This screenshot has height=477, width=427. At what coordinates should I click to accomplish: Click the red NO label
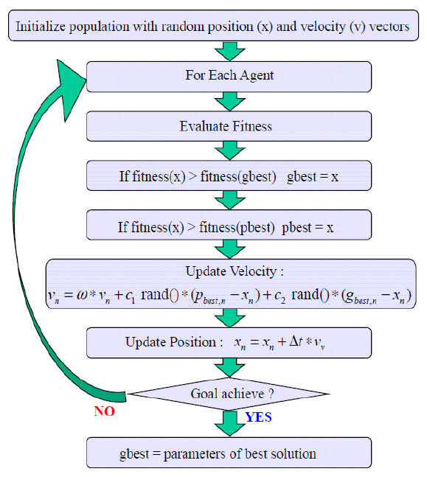click(x=105, y=411)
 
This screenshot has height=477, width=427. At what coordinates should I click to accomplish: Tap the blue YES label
click(x=258, y=417)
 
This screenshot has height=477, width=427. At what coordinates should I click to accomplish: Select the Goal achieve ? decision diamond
click(x=229, y=394)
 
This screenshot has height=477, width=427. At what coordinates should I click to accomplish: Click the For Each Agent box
click(x=229, y=77)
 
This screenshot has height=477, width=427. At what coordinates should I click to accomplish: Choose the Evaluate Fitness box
click(x=229, y=126)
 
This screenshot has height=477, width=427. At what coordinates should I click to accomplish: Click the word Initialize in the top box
click(x=41, y=26)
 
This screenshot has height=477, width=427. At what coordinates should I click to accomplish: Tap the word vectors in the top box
click(x=389, y=27)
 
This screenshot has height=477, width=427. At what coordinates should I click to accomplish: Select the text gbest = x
click(x=313, y=177)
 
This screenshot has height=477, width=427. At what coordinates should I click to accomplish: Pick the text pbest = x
click(x=308, y=228)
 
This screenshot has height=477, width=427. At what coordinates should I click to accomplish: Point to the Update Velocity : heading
click(x=235, y=271)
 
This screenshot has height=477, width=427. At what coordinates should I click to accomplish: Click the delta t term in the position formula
click(x=296, y=341)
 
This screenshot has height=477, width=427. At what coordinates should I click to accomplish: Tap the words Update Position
click(x=171, y=342)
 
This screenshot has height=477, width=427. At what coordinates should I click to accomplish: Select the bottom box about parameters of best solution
click(x=229, y=453)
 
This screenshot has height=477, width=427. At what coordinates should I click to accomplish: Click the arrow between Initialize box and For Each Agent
click(x=230, y=51)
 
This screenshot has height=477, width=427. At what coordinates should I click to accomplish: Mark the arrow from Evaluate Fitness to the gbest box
click(x=230, y=150)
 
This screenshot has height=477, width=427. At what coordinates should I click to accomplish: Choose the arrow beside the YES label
click(x=230, y=423)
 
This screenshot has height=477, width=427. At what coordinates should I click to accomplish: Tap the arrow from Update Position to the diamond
click(x=230, y=367)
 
